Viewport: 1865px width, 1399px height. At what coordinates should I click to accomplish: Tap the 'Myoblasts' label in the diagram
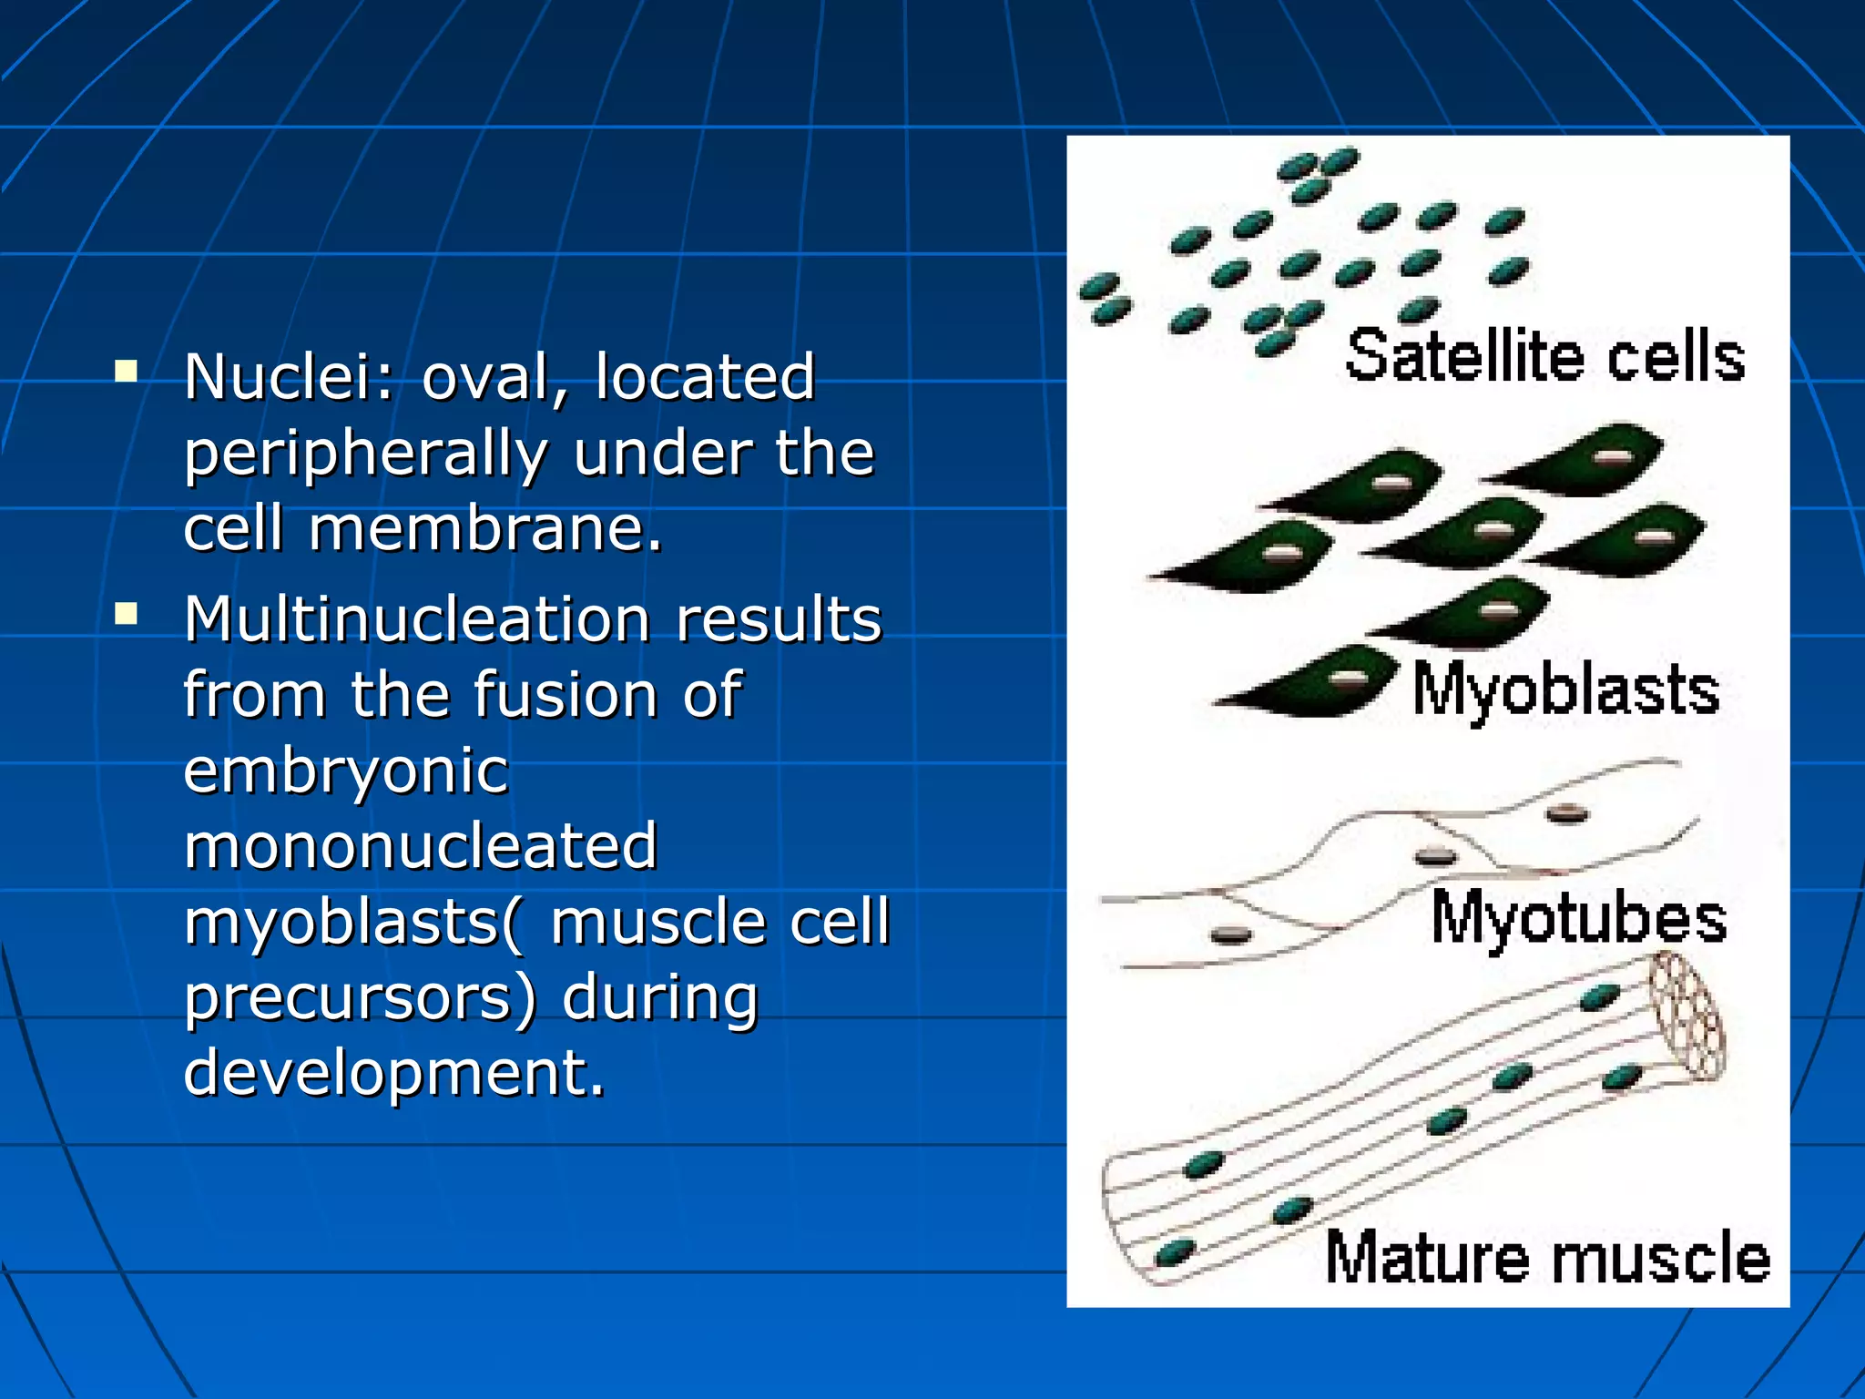pos(1565,690)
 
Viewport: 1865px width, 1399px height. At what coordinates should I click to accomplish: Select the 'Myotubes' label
pos(1578,918)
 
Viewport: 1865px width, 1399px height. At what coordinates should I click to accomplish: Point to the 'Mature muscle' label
pos(1546,1258)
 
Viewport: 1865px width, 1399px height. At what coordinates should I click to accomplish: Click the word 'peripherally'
pos(364,454)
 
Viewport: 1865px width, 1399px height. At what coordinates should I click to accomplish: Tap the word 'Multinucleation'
pos(417,619)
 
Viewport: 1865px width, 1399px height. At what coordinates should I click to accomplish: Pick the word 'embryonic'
pos(345,771)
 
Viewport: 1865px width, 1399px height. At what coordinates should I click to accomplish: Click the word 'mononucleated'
pos(420,845)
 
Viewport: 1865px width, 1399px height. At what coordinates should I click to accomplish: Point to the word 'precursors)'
pos(361,997)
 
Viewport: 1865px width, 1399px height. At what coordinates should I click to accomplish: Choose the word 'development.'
pos(393,1072)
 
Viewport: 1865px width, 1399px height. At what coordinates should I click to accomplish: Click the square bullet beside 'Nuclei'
pos(127,371)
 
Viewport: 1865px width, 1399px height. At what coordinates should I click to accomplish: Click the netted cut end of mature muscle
pos(1687,1016)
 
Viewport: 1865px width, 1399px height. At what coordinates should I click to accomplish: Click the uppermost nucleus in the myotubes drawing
pos(1567,813)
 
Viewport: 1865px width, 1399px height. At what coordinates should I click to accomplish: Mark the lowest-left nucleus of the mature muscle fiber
pos(1175,1252)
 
